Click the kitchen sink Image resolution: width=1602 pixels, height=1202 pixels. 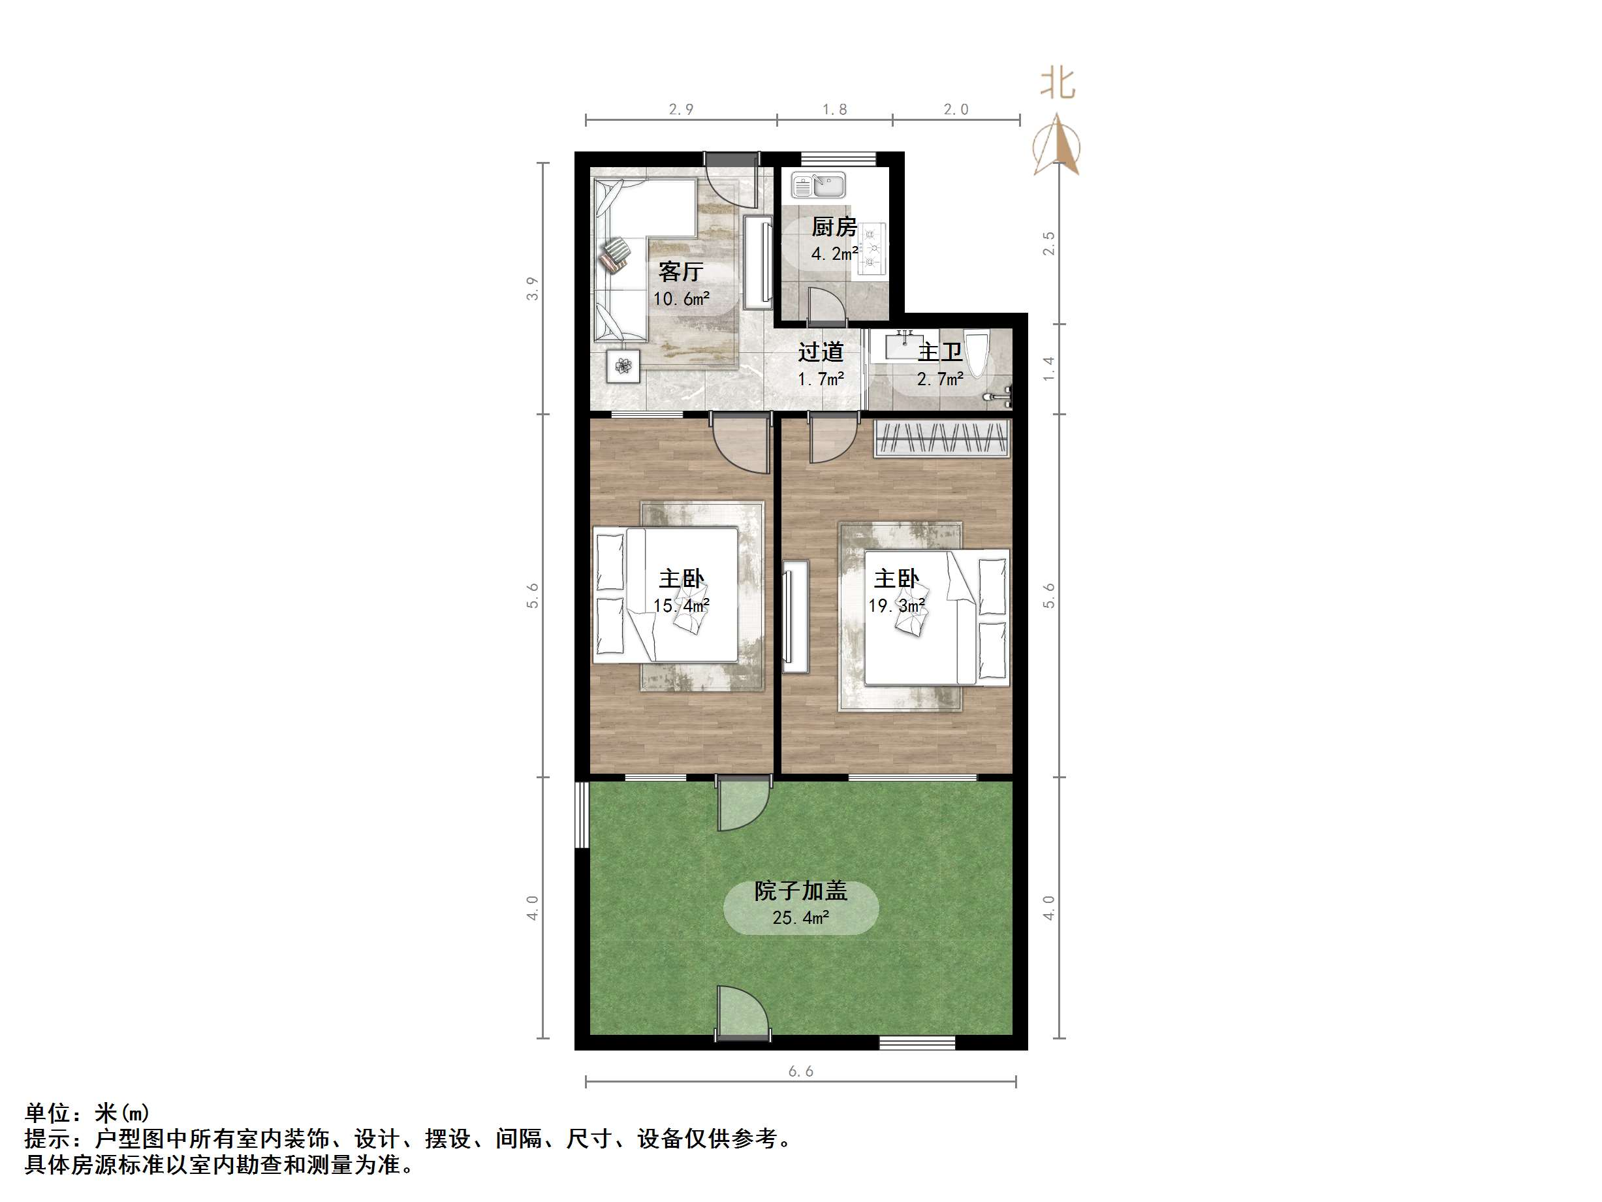click(x=819, y=185)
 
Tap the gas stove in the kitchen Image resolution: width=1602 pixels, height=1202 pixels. click(x=872, y=249)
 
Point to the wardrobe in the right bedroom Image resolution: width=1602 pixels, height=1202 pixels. click(x=942, y=438)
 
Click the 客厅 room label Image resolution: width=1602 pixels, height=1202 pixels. click(x=680, y=272)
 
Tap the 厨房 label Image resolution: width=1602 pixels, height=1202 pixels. click(x=834, y=227)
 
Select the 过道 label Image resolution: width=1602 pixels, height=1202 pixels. click(x=821, y=352)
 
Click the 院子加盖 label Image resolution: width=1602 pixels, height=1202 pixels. click(x=800, y=891)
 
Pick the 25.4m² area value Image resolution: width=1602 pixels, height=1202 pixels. click(x=800, y=918)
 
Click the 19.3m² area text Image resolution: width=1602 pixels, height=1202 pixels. click(x=896, y=606)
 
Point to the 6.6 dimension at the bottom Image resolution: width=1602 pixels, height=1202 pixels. click(x=800, y=1071)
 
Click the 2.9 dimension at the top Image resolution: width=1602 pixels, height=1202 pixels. click(x=681, y=110)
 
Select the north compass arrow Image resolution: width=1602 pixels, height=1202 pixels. click(x=1058, y=145)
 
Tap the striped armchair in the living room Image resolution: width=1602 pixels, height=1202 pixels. click(x=616, y=255)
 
